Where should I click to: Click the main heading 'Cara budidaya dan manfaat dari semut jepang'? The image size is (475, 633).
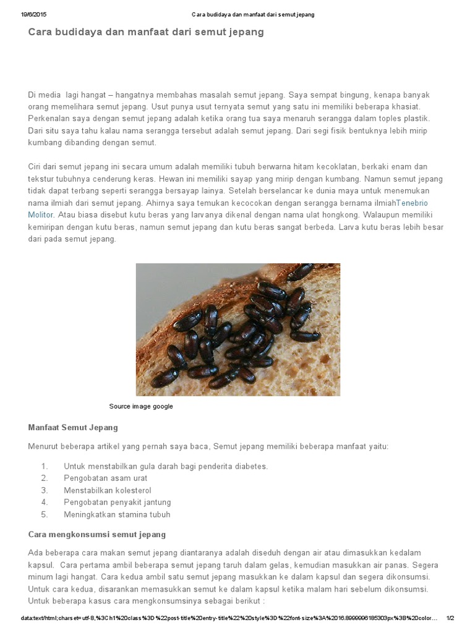146,32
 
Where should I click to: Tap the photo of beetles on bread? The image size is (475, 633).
237,329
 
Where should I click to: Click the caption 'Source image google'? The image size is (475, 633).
141,406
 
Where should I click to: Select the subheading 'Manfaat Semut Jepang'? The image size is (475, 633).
73,427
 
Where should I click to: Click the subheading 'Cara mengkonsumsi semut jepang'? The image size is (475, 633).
97,534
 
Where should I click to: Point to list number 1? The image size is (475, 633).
44,466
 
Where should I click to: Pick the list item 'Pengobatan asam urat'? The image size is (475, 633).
105,478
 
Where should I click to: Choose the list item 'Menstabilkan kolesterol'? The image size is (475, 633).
107,490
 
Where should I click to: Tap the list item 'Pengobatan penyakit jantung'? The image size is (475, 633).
117,502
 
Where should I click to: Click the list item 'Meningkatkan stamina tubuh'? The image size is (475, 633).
117,514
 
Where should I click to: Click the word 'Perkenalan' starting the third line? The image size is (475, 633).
49,118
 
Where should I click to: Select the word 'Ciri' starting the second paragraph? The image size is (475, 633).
35,167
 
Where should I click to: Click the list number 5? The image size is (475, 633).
44,514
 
